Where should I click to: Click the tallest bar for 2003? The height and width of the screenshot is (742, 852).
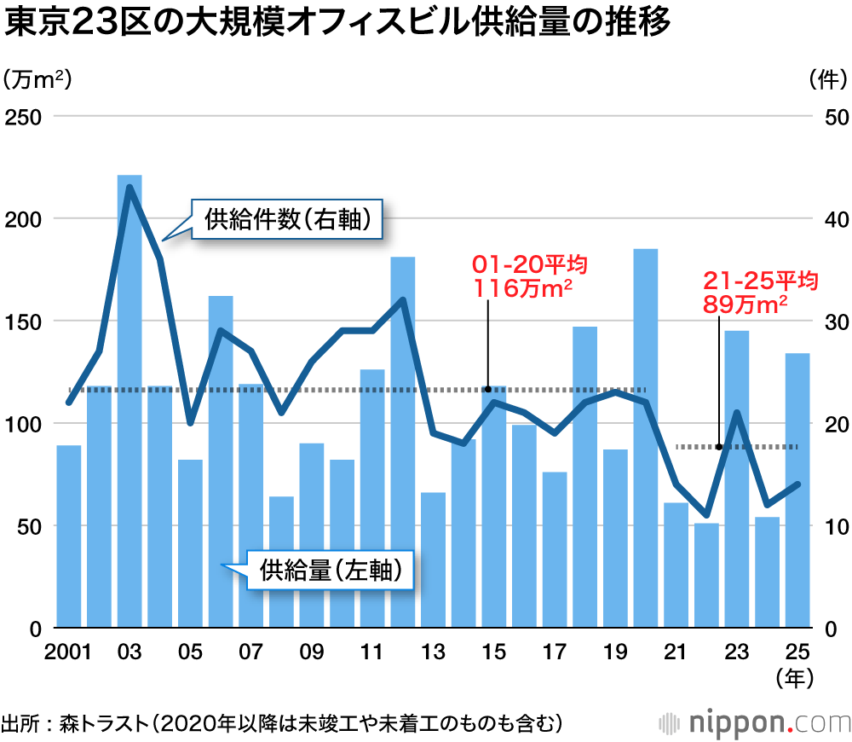(130, 401)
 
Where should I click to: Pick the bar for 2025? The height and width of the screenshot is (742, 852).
(797, 490)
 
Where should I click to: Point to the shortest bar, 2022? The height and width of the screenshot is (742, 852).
(706, 576)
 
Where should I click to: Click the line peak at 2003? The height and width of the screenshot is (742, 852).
(130, 187)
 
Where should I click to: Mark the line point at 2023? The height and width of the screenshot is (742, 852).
(737, 413)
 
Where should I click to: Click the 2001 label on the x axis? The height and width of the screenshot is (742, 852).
(68, 653)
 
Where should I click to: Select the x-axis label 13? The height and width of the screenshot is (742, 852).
(433, 653)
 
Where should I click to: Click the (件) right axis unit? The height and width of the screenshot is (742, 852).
(825, 79)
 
